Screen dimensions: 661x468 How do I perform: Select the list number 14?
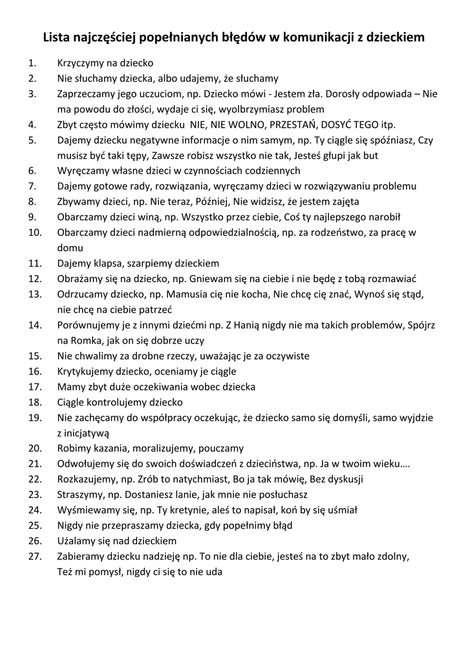(34, 325)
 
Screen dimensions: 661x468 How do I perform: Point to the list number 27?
(34, 556)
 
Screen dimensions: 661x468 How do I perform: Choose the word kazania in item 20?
(111, 448)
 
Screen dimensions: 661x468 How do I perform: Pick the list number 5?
(32, 140)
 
